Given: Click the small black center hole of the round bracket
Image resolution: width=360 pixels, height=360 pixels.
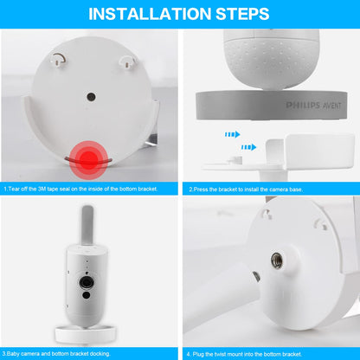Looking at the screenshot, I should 91,97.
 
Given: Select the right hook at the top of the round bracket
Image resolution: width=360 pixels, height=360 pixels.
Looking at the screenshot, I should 125,59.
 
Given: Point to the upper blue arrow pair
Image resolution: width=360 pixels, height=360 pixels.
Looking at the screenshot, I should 231,134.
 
